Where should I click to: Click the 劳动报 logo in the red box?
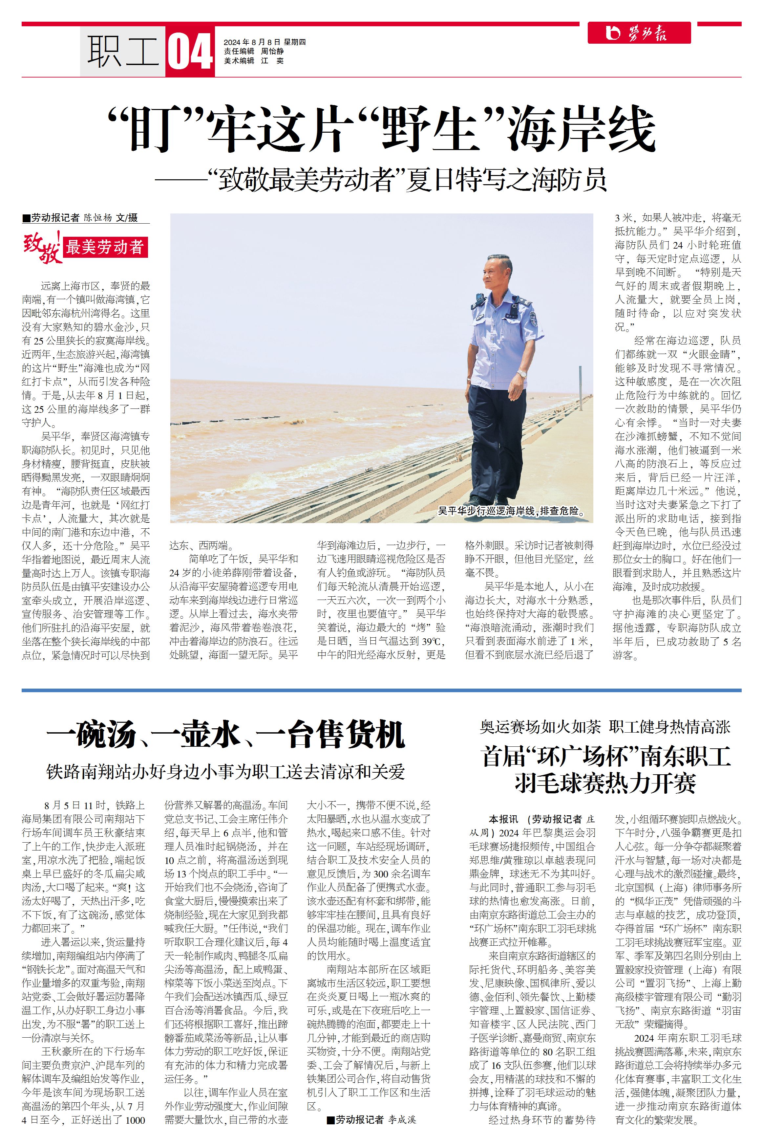[x=638, y=33]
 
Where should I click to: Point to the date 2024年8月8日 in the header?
[x=252, y=42]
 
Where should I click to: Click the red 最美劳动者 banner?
[x=105, y=247]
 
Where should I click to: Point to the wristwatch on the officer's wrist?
[x=521, y=374]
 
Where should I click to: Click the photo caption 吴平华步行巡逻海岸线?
[x=511, y=511]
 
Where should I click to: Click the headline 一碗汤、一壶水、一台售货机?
[x=225, y=735]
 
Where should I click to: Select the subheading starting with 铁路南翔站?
[x=225, y=772]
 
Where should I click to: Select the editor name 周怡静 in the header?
[x=272, y=52]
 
